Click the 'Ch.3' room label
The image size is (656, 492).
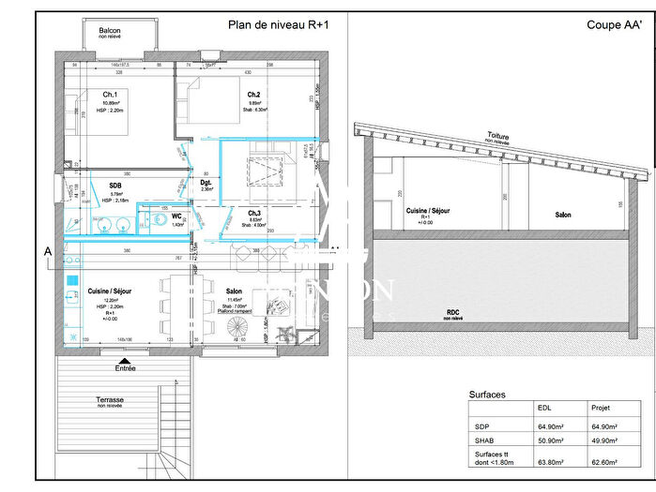click(x=253, y=214)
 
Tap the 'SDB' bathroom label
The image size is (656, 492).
click(x=115, y=186)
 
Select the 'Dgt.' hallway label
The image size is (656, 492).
click(x=206, y=183)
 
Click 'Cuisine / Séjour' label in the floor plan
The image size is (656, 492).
click(x=111, y=291)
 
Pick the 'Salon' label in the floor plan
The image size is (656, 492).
click(x=234, y=291)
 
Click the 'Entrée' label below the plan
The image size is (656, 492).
click(x=124, y=368)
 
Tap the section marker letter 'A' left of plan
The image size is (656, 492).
click(x=47, y=251)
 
